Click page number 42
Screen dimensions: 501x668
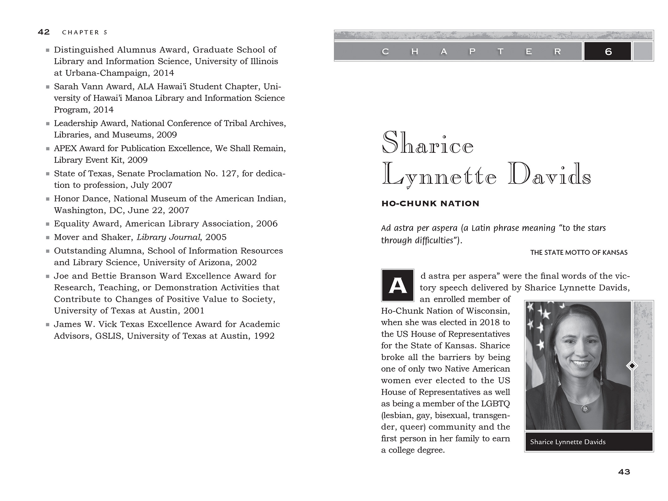(44, 32)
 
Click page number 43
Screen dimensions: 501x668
(624, 472)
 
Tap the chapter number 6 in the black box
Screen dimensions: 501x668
(608, 51)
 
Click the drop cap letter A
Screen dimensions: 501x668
(397, 285)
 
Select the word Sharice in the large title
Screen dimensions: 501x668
(427, 143)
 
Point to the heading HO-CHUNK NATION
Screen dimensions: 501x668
(430, 204)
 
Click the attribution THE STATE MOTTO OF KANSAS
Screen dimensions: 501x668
(579, 252)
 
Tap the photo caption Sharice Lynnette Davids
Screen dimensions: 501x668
(567, 442)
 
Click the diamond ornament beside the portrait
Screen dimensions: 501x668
(632, 365)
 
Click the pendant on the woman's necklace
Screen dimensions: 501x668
(585, 408)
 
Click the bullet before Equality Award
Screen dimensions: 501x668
(48, 224)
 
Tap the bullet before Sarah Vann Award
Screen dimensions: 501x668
(48, 87)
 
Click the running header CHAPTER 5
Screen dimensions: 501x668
(85, 32)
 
